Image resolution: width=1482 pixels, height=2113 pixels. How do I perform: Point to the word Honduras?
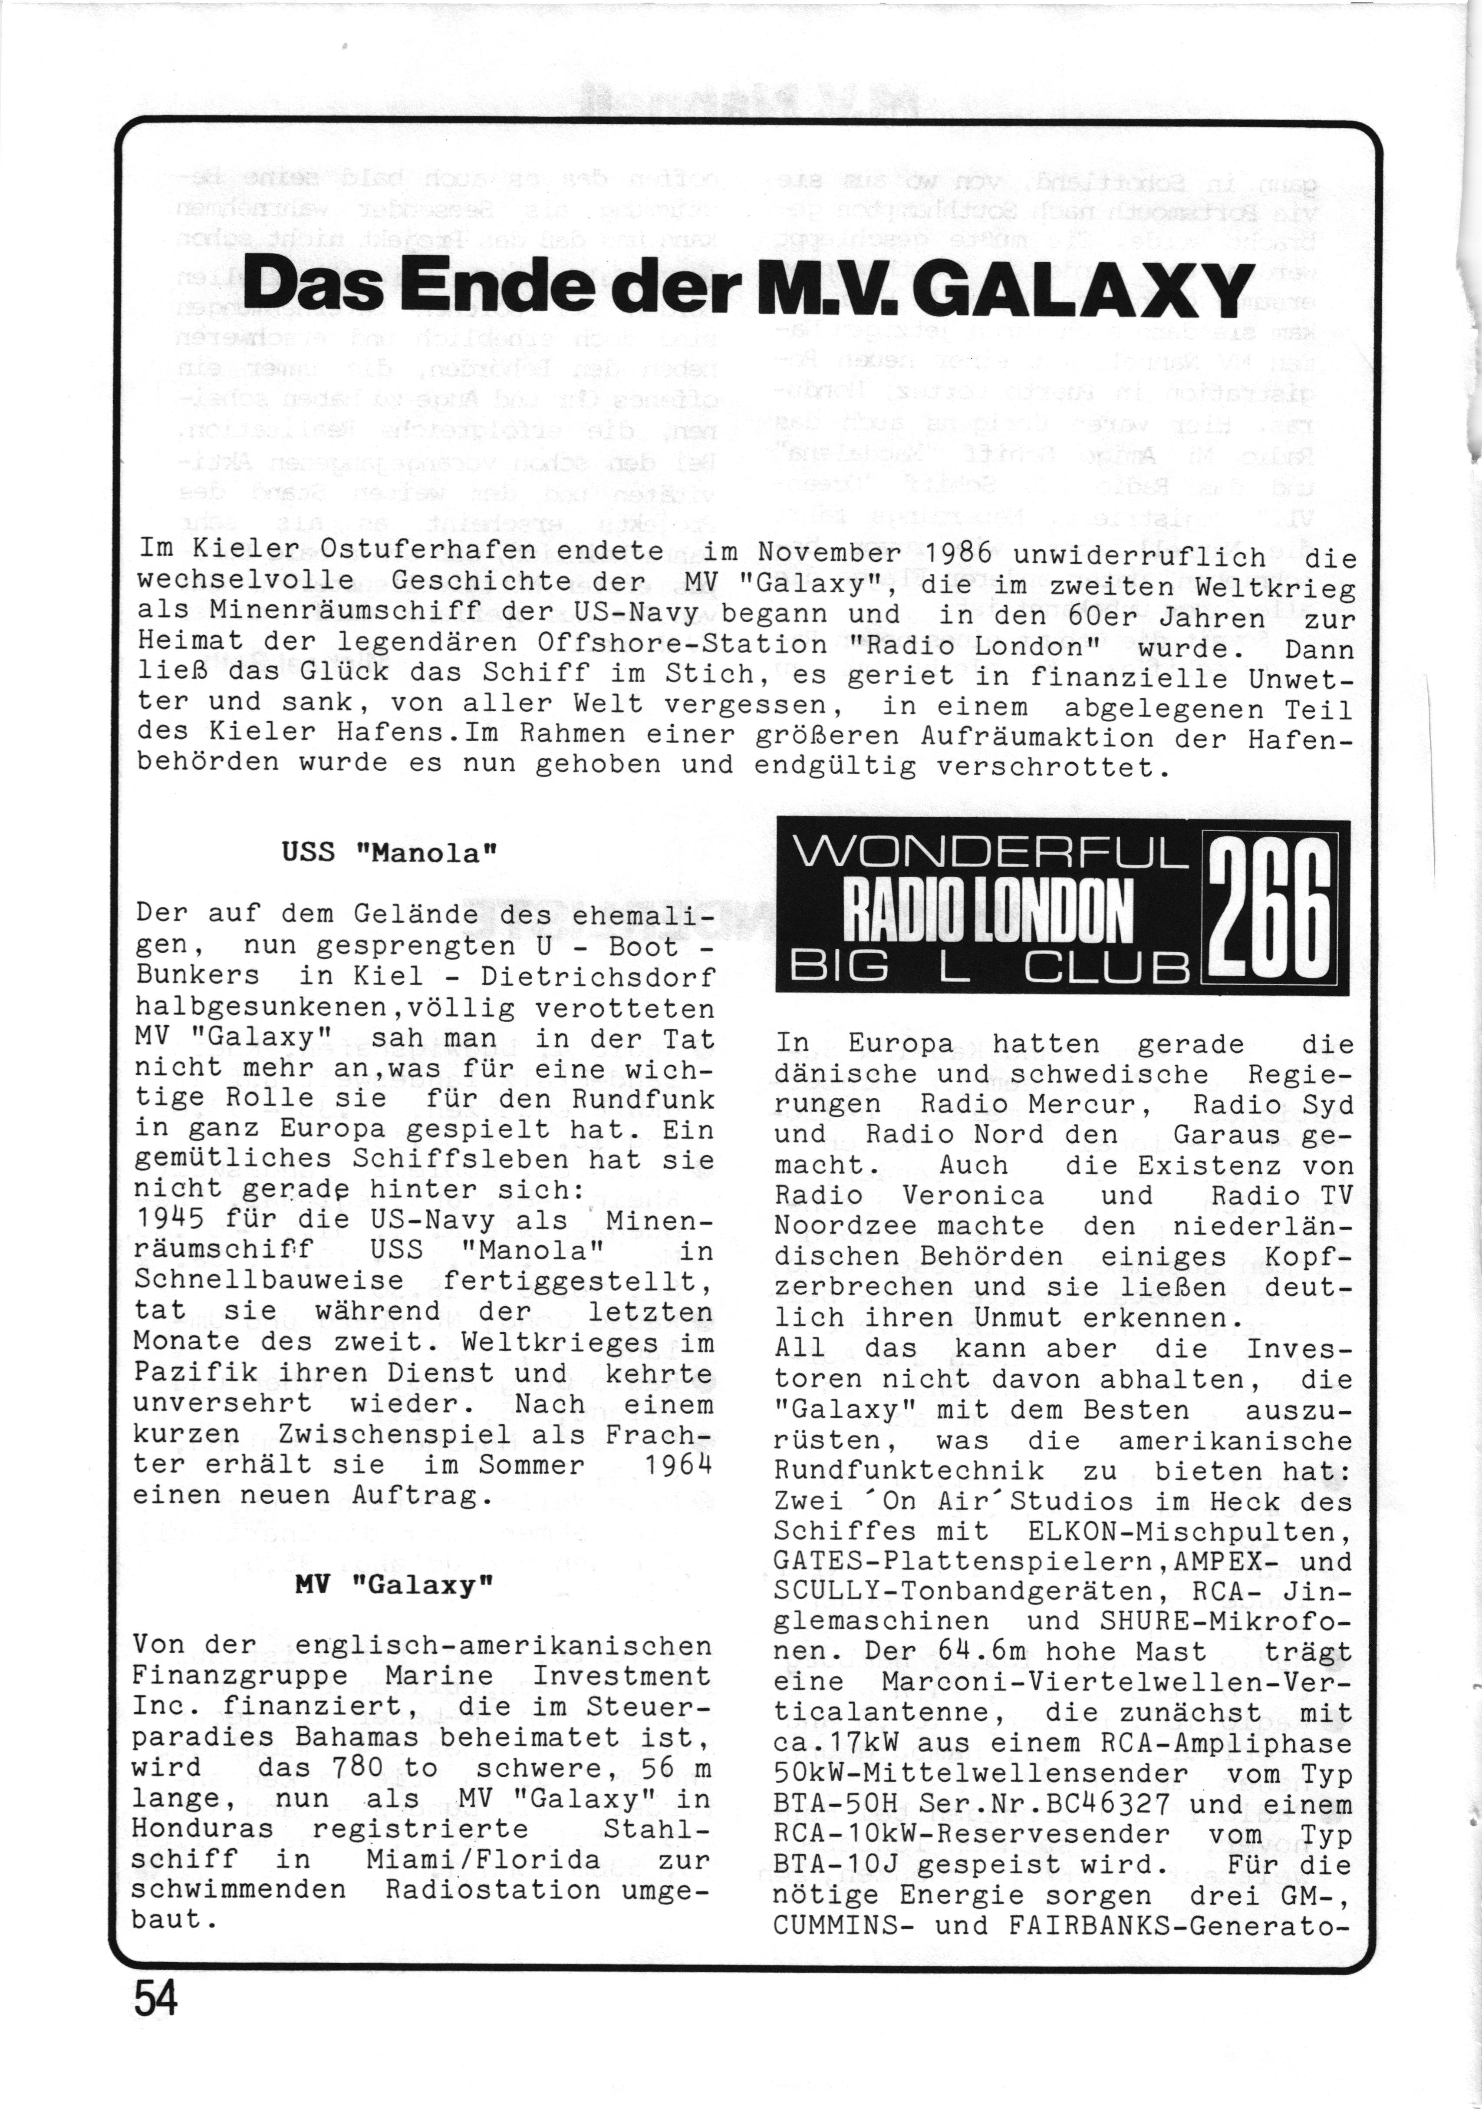click(x=202, y=1829)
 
